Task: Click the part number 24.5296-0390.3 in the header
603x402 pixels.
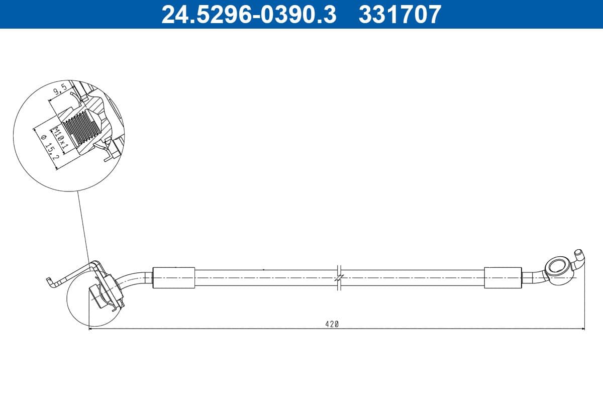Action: tap(248, 14)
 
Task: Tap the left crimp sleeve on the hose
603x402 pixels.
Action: tap(173, 277)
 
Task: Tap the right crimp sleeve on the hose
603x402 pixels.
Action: tap(503, 277)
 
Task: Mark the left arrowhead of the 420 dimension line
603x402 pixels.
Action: tap(91, 329)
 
